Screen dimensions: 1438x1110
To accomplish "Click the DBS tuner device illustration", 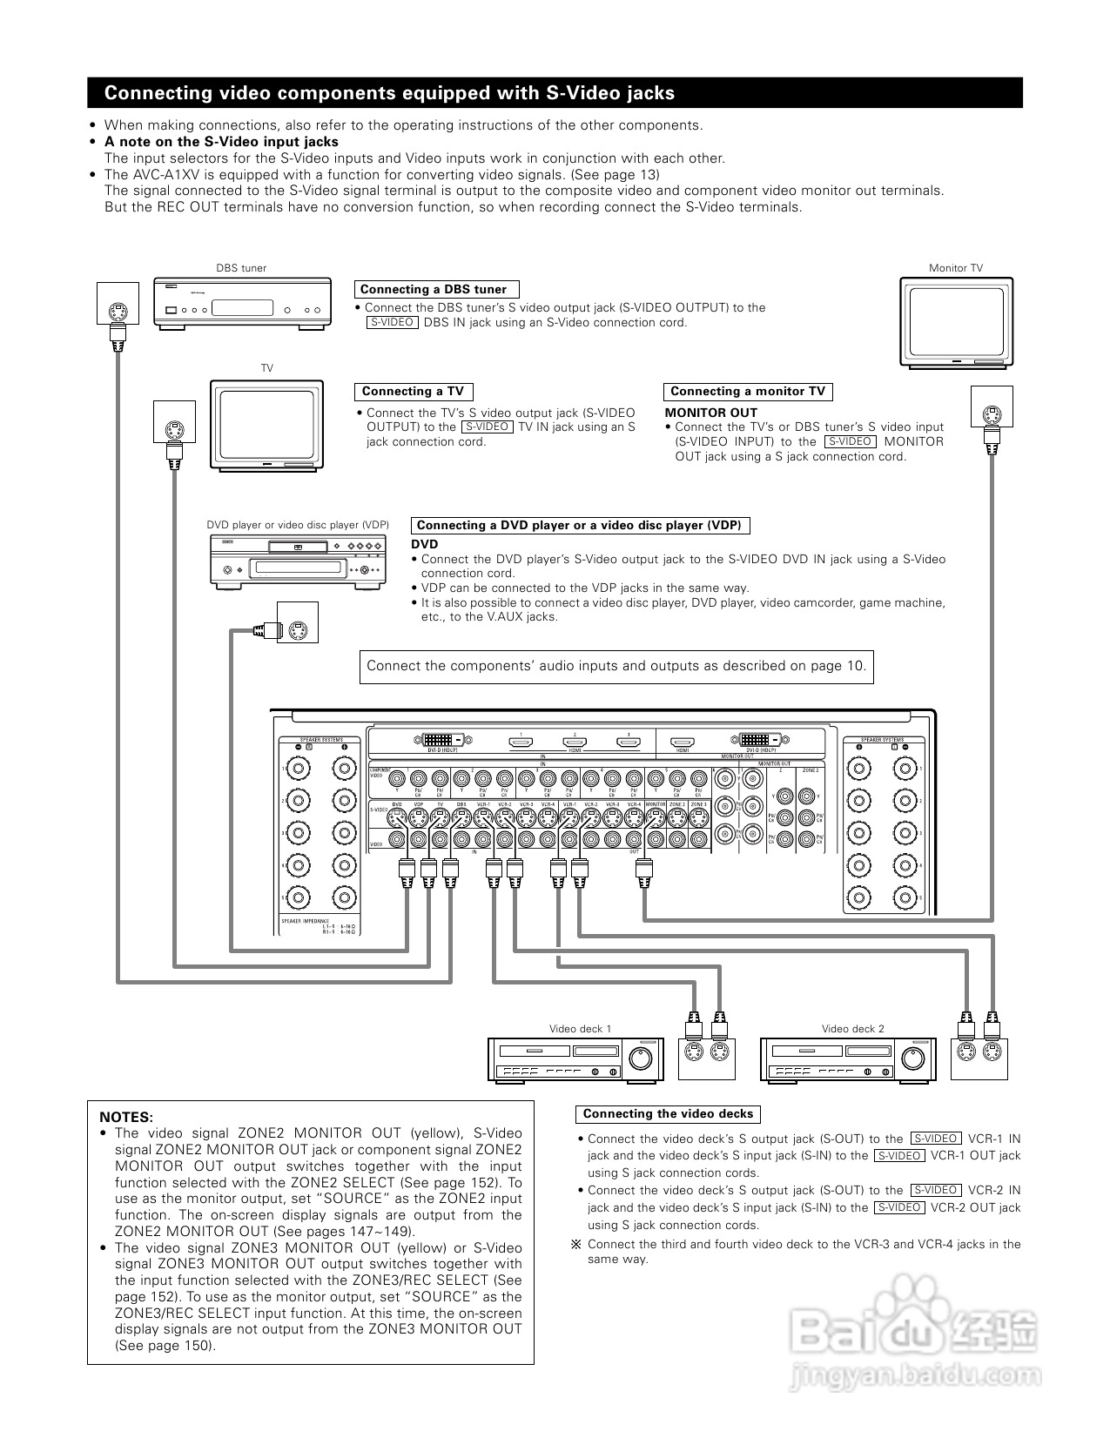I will coord(243,303).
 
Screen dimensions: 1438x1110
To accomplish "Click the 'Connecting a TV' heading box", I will coord(414,392).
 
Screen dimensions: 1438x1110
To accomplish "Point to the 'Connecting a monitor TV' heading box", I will coord(748,392).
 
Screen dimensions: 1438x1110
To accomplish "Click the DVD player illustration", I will coord(297,561).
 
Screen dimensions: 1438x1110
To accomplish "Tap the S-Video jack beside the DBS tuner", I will coord(118,311).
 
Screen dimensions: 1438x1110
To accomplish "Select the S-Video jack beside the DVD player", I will coord(298,630).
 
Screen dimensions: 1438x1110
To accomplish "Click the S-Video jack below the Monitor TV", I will coord(992,416).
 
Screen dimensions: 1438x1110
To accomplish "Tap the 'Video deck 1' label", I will coord(580,1029).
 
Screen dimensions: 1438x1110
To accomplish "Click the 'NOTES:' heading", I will coord(126,1117).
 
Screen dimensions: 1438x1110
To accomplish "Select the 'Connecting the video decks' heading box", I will coord(668,1114).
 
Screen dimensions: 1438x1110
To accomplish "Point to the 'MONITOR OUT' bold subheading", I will coord(711,413).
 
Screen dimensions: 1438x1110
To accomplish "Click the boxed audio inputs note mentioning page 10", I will coord(616,667).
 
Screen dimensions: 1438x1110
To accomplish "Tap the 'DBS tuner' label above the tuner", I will coord(241,268).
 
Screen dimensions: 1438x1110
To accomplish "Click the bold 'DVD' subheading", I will coord(425,544).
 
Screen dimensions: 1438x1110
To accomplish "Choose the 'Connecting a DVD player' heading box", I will coord(580,525).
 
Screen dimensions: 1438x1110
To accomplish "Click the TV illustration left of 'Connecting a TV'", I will coord(266,426).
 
